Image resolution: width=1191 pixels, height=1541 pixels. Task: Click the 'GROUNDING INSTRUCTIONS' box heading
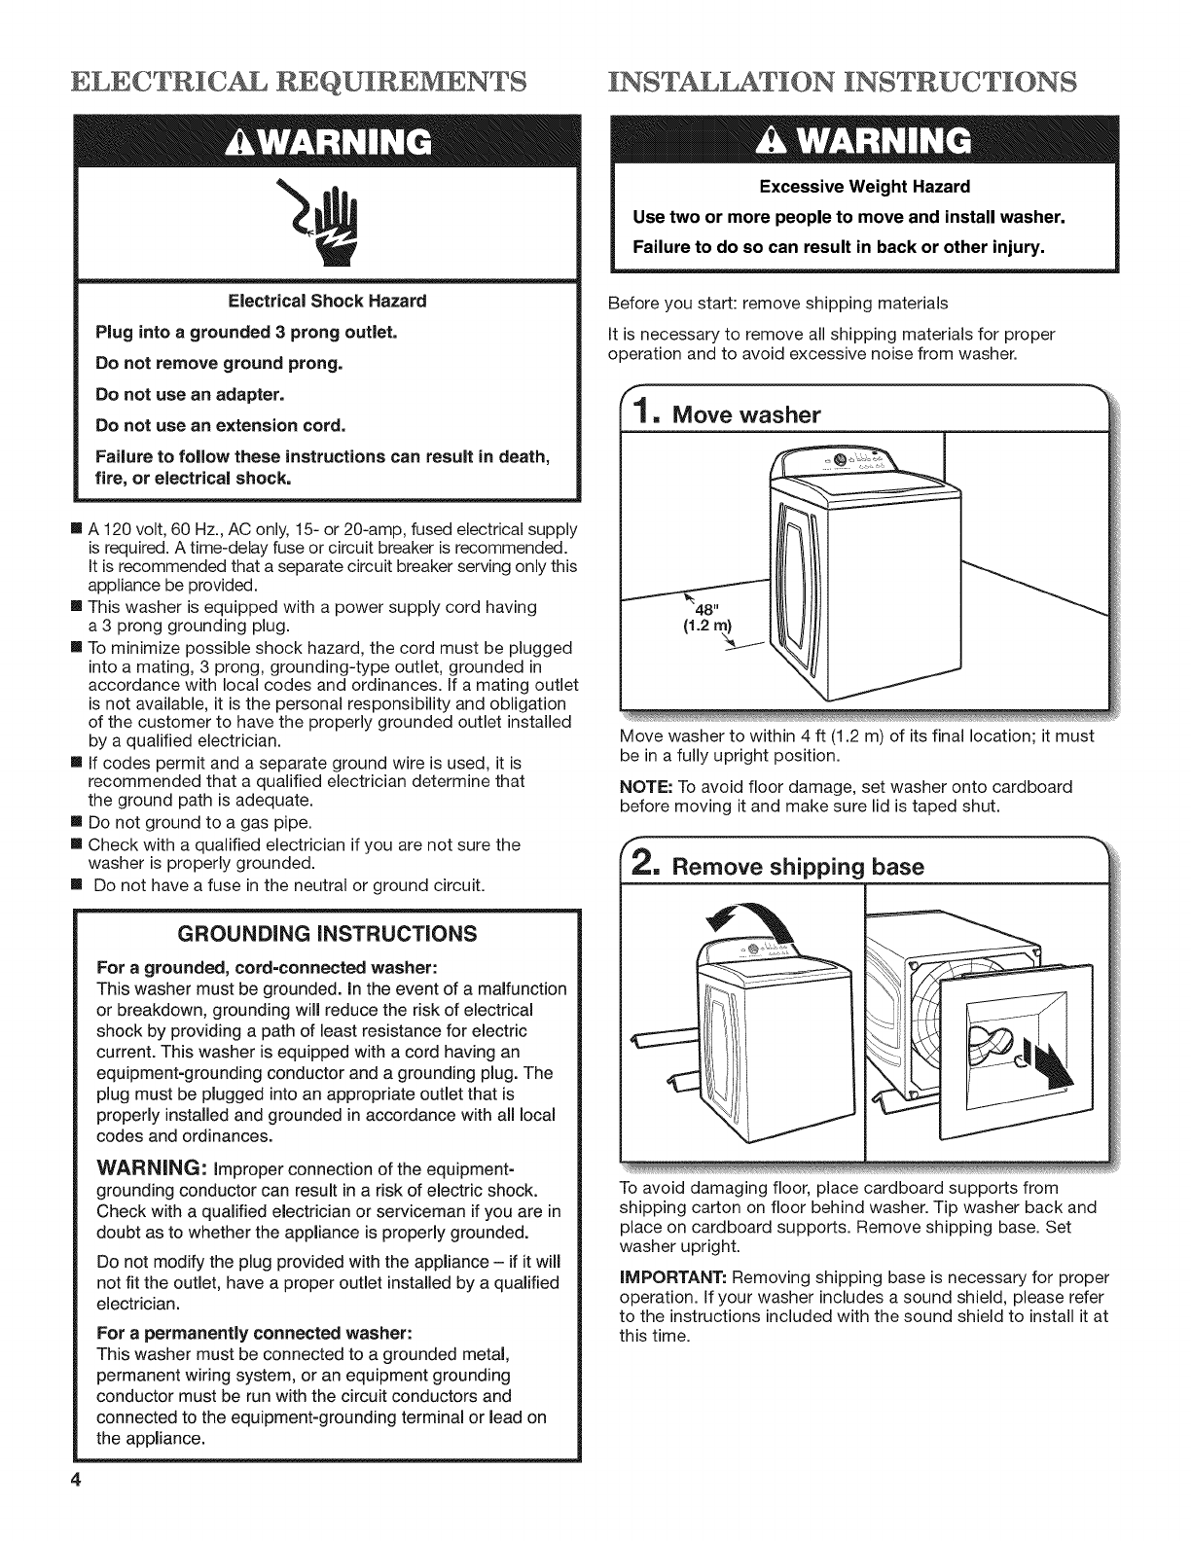coord(328,935)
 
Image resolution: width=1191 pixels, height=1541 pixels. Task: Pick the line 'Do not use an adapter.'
coord(190,394)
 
